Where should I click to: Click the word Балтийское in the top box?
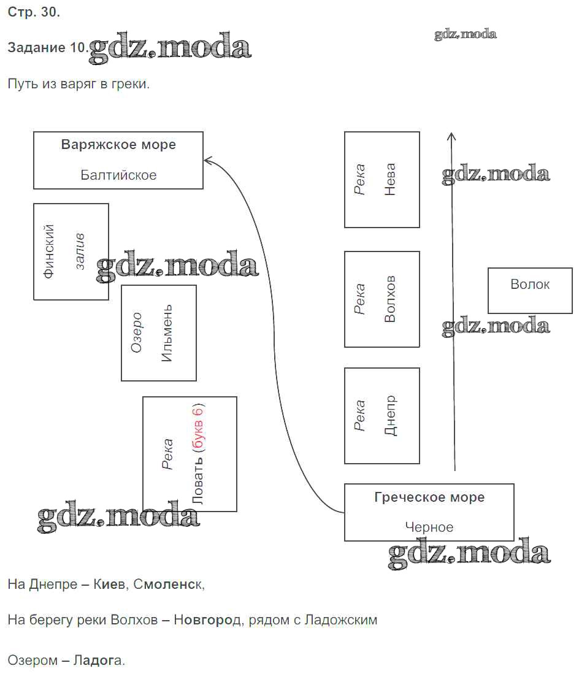coord(118,175)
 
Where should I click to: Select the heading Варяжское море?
coord(118,145)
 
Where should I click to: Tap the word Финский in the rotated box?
coord(50,251)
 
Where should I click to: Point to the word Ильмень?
coord(167,333)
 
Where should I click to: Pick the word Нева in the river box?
coord(390,179)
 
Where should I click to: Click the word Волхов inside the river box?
coord(390,299)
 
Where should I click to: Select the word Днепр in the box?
coord(390,415)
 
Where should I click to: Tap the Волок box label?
coord(530,285)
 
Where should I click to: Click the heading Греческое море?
coord(429,497)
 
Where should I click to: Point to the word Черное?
coord(429,527)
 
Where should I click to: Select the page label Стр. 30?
coord(34,13)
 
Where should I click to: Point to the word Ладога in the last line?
coord(98,661)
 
